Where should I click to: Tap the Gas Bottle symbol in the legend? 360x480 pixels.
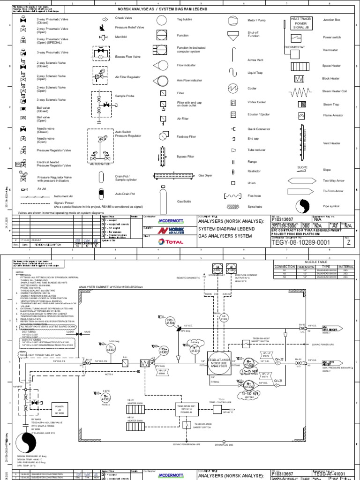tap(163, 196)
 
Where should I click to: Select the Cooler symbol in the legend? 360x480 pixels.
tap(233, 88)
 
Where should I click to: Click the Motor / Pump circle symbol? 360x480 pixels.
tap(233, 21)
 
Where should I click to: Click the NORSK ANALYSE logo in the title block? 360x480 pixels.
tap(161, 231)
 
